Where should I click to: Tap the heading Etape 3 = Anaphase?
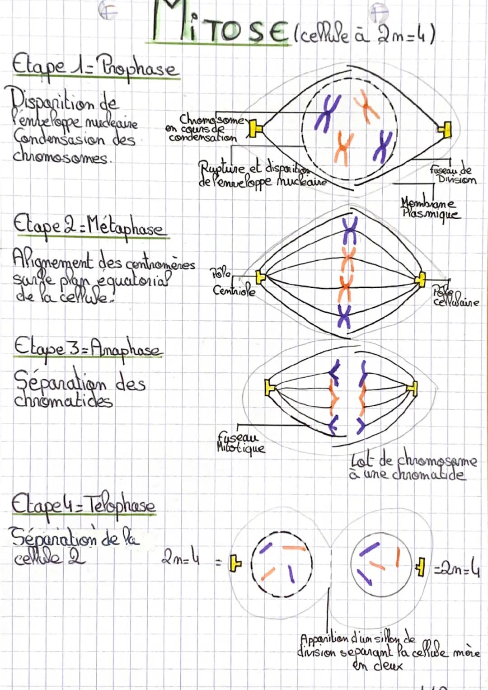pos(88,348)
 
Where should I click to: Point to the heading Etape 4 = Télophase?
pos(84,503)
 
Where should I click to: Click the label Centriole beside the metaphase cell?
pos(234,290)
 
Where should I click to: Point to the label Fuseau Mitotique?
pos(241,442)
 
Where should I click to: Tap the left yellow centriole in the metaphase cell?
pos(260,276)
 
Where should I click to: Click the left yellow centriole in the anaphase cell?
pos(270,388)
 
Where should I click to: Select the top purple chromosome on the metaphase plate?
pos(349,229)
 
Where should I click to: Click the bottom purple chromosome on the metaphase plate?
pos(344,315)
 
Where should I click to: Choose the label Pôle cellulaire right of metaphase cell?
pos(454,297)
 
